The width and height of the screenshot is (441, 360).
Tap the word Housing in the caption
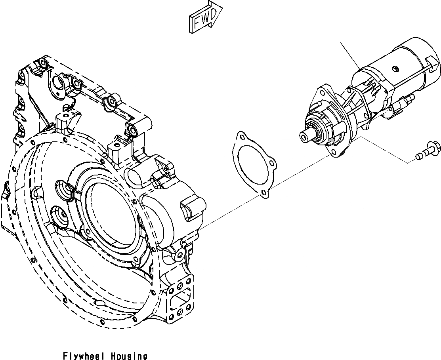click(x=129, y=356)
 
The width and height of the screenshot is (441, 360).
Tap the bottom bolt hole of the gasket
click(x=263, y=193)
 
